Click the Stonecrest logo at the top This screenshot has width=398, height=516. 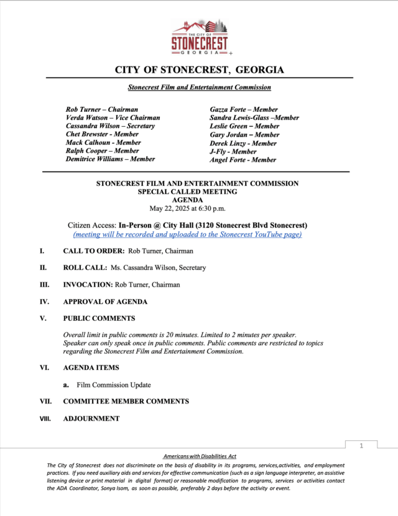pos(199,37)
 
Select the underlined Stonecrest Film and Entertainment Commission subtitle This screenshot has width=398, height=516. pos(199,88)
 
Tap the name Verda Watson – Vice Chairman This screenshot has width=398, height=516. pos(113,117)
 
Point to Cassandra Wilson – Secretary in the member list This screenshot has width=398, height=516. pos(110,126)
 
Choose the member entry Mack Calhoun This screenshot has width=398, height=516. pos(102,142)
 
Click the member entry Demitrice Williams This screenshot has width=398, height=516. pos(110,159)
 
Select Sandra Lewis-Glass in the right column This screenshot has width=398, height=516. pos(254,117)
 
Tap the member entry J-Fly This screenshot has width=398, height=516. pos(233,151)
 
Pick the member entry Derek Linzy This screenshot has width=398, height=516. pos(243,143)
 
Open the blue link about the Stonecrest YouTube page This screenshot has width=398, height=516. pos(187,234)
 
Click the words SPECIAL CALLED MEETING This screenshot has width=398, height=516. pos(197,192)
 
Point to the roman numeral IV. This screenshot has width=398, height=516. pos(44,302)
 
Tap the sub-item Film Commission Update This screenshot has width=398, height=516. pos(113,385)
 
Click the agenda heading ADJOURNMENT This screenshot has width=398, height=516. pos(91,418)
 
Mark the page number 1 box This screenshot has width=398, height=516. pos(361,446)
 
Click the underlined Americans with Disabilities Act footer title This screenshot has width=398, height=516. pos(199,456)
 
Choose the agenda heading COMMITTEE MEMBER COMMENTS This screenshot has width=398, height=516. pos(126,402)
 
